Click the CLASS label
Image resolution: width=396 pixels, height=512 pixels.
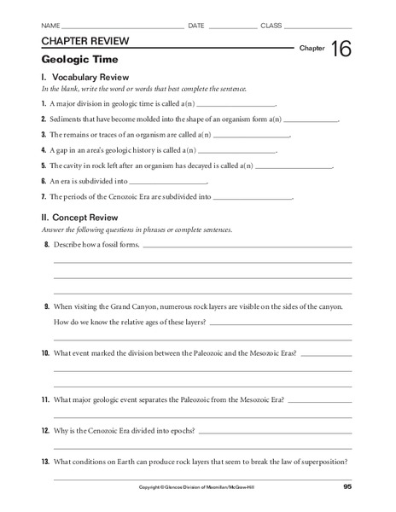pos(271,26)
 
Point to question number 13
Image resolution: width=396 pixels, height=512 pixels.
pos(45,463)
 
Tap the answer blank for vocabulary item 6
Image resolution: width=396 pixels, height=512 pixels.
pos(172,182)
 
